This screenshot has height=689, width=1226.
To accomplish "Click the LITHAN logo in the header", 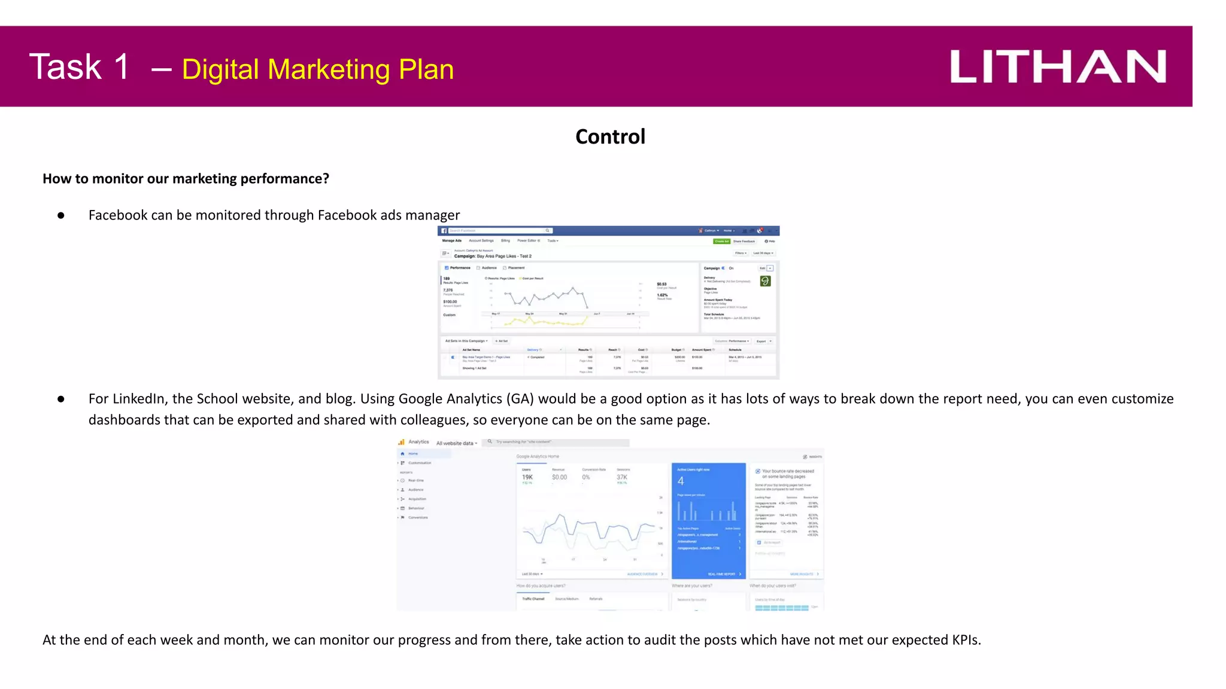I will click(1057, 66).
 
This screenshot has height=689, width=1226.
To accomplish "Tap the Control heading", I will click(610, 137).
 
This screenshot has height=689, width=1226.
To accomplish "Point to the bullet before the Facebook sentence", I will click(61, 215).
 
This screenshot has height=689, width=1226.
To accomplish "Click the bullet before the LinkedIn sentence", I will click(61, 399).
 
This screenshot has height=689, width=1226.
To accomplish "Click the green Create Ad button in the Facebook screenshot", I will click(721, 241).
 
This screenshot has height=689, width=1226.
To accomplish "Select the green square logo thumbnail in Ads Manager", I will click(765, 281).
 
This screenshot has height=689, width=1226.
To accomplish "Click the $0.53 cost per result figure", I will click(661, 284).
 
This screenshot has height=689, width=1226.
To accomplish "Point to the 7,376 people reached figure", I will click(448, 290).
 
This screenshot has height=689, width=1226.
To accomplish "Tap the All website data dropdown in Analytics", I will click(456, 443).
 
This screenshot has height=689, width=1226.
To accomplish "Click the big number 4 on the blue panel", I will click(681, 481).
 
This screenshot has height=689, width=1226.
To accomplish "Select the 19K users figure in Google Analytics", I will click(527, 477).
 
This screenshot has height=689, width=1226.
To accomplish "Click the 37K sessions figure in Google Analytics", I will click(622, 477).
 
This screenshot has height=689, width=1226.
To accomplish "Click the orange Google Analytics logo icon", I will click(402, 442).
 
